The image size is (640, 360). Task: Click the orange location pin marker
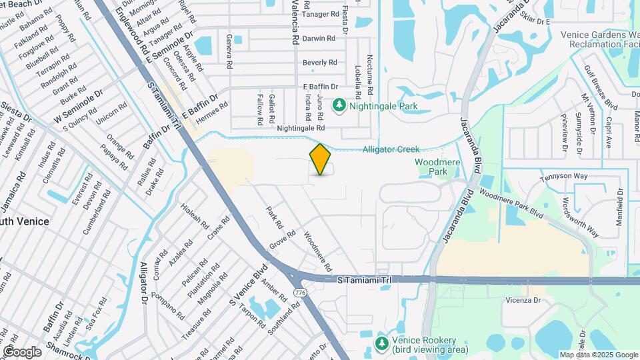321,159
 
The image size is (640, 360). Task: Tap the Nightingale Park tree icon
339,105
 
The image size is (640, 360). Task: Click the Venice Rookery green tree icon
381,343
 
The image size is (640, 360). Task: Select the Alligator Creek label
391,150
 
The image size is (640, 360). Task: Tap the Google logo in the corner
21,352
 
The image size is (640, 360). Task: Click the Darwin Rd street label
317,39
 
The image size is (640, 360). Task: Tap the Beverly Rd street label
319,63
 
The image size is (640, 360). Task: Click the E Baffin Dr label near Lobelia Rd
321,87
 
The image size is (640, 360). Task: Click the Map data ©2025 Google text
599,355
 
